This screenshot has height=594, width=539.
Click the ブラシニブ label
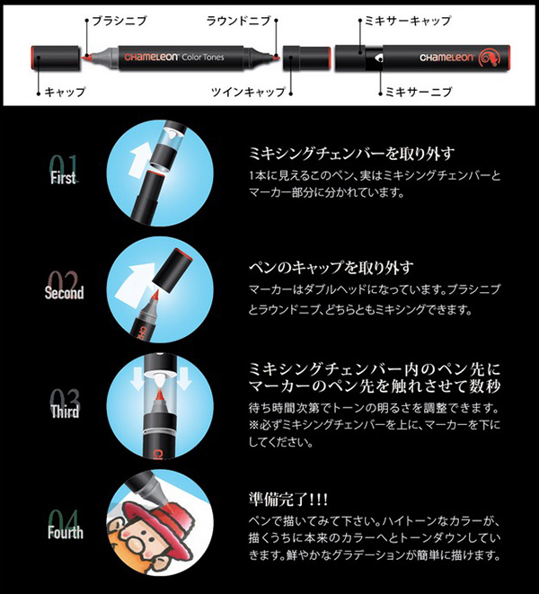tap(119, 21)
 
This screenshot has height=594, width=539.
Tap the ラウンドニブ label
tap(239, 21)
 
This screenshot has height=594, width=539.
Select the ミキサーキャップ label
tap(408, 21)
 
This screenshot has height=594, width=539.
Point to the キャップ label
tap(66, 92)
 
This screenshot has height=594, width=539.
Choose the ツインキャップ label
tap(248, 92)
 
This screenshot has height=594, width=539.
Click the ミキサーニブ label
tap(419, 92)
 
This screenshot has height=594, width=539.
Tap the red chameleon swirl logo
tap(490, 58)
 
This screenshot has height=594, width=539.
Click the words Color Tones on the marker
tap(203, 58)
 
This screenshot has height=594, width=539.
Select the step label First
tap(63, 178)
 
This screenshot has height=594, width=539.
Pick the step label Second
tap(64, 292)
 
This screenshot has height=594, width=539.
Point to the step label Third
tap(66, 412)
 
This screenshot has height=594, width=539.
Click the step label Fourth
tap(66, 532)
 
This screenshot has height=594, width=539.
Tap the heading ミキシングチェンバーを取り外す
tap(352, 153)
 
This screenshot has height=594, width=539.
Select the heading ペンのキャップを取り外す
tap(331, 268)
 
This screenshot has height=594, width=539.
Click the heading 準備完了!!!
tap(288, 499)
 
